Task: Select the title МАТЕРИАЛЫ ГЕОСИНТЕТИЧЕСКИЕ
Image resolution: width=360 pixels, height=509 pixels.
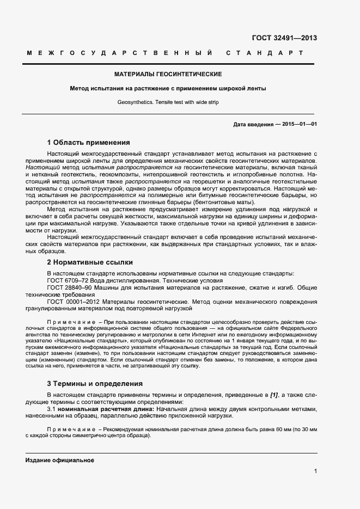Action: (168, 74)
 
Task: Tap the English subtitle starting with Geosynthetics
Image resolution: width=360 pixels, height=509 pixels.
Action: (168, 102)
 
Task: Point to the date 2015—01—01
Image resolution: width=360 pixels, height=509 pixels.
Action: (297, 125)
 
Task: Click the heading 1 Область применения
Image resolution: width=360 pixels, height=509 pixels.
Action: (88, 143)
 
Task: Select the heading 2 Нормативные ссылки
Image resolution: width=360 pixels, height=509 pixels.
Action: (90, 262)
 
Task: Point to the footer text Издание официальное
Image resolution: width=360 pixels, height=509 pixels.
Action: (59, 460)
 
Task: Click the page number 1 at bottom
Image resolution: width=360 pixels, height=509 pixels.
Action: (315, 471)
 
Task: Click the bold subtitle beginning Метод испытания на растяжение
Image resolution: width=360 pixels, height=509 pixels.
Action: (168, 88)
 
